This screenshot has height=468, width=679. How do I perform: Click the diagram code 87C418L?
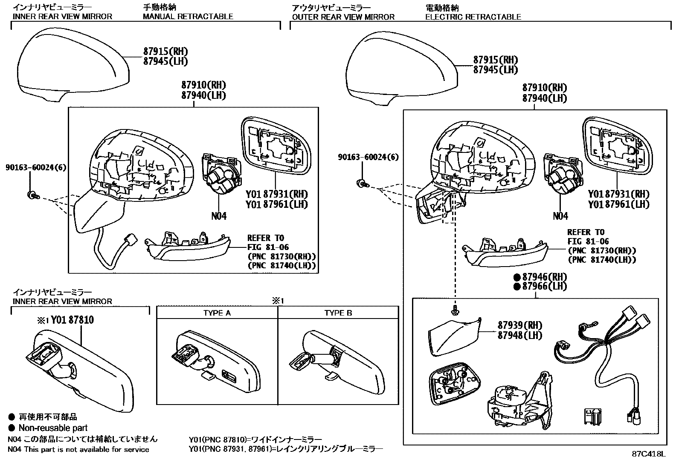coord(648,454)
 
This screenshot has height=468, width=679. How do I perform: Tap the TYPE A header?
coord(217,313)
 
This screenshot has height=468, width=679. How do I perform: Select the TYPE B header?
coord(338,313)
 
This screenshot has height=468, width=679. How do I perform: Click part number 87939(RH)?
coord(519,325)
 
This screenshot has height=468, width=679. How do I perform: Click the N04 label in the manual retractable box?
coord(219,216)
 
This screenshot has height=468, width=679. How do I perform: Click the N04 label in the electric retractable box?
coord(560,216)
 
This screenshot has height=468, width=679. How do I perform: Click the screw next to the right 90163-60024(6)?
coord(363,184)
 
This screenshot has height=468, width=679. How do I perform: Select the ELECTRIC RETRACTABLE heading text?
coord(473,17)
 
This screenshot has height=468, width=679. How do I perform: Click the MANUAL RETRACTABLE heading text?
coord(188,17)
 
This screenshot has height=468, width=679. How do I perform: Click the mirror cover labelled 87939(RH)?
coord(452,336)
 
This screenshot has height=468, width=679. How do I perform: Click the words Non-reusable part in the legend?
coord(53,428)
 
